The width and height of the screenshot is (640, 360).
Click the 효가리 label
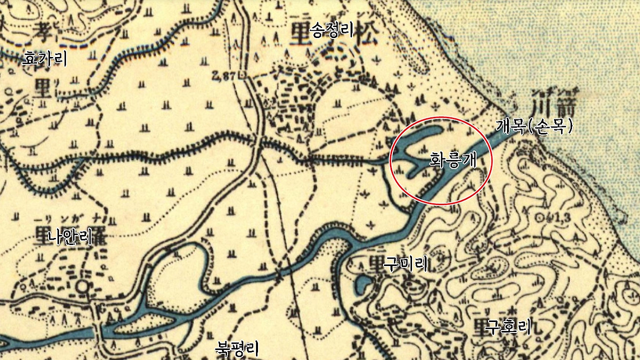[44, 59]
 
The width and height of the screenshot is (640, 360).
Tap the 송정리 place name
[331, 31]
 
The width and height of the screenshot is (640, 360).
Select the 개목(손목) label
[533, 126]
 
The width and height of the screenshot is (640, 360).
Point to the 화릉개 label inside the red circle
[452, 160]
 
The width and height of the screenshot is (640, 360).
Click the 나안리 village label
[70, 236]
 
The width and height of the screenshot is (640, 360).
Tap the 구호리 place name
[507, 327]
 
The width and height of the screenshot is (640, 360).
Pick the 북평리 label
[236, 348]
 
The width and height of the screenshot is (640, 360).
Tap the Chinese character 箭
[568, 106]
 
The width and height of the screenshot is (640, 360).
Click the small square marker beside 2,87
[243, 76]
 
